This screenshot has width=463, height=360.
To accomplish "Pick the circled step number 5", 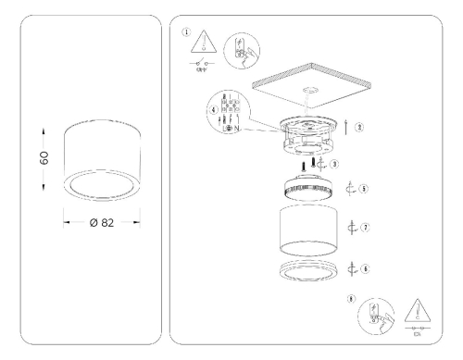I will point(365,190).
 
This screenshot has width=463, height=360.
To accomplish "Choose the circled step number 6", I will point(365,267).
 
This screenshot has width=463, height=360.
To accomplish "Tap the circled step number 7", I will point(365,227).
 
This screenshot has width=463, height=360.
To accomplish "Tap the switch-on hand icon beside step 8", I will point(380,319).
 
